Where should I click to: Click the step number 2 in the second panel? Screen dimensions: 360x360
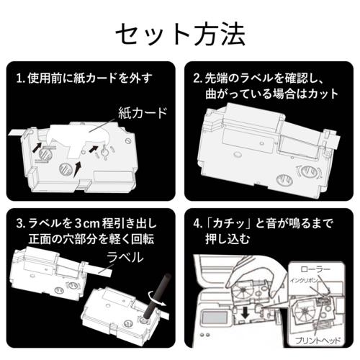click(197, 77)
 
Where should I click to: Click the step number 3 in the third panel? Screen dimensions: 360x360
click(19, 222)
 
